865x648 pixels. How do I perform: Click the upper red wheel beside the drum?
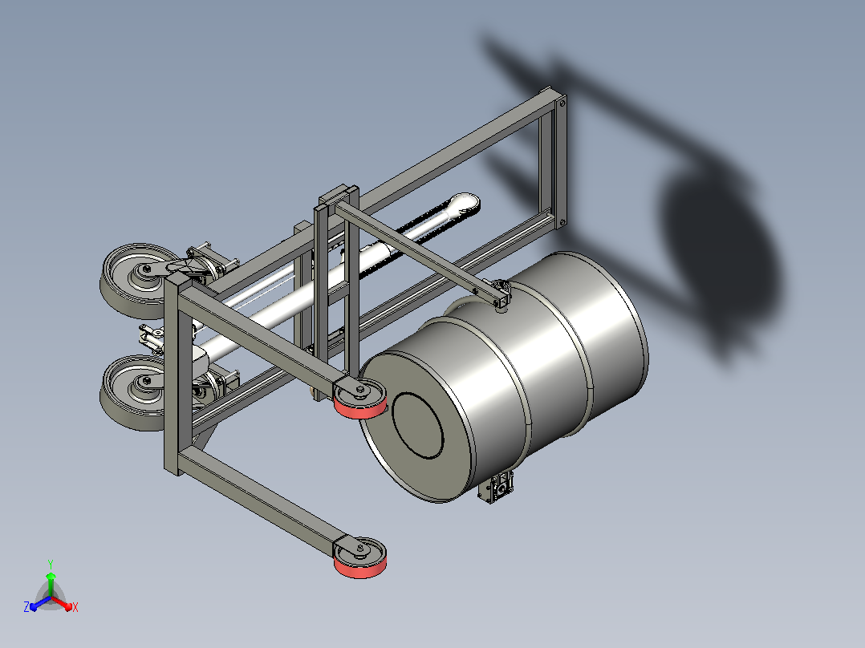tap(359, 399)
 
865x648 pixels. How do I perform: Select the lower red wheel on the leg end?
tap(359, 557)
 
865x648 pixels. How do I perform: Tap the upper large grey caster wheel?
tap(135, 281)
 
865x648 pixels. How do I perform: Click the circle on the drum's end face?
tap(417, 425)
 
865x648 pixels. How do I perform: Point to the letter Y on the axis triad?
tap(51, 565)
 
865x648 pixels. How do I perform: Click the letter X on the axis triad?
tap(75, 607)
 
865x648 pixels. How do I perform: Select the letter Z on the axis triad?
tap(26, 607)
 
